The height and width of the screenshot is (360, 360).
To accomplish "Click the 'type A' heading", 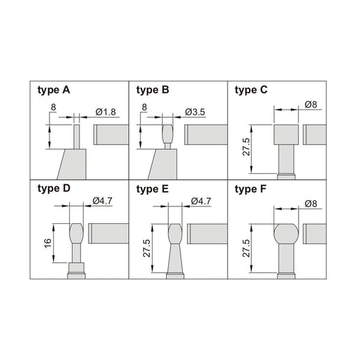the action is pos(54,90).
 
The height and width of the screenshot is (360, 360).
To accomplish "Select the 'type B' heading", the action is pos(153,90).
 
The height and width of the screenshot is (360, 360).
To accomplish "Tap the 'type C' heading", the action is pos(251,90).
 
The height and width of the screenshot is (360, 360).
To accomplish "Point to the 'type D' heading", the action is pos(54,188).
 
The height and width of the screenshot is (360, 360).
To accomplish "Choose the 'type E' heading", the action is pos(152,189).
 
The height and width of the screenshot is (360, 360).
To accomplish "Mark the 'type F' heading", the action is pos(250,189).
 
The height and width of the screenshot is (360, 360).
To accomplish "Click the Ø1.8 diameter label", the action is pos(105,112).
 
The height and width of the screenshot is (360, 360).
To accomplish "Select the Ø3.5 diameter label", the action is pos(195,112).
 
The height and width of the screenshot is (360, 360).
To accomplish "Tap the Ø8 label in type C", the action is pos(311,105).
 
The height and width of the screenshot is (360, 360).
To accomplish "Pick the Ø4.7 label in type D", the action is pos(103,201).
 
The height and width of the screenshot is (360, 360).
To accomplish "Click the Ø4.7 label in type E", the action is pos(201,202).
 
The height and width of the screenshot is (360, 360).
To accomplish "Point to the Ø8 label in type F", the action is pos(311,204).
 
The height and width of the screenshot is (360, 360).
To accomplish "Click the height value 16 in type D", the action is pos(47,243).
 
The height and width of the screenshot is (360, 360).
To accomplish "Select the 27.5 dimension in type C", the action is pos(246,147).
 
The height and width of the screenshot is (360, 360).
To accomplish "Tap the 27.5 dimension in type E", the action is pos(147,248).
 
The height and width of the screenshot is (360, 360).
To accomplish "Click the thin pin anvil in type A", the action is pos(77,137).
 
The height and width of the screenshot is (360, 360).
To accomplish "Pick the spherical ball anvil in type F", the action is pos(286,234).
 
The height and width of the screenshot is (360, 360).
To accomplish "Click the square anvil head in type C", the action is pos(286,135).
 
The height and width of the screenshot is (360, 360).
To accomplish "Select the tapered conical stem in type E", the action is pos(175,258).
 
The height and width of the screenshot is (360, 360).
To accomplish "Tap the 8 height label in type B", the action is pos(144,107).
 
